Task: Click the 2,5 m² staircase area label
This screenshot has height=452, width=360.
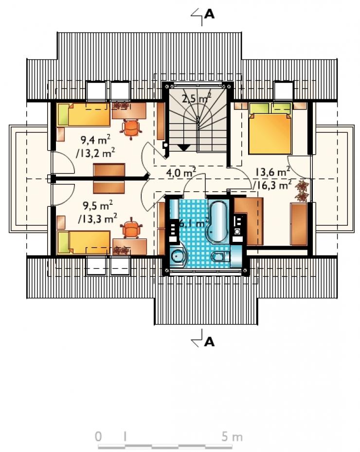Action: (197, 98)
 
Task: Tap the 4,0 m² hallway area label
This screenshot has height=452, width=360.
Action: (181, 172)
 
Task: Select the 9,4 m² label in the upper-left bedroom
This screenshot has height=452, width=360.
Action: (95, 140)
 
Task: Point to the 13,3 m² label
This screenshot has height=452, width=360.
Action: (97, 219)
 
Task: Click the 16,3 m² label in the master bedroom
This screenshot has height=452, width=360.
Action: (272, 185)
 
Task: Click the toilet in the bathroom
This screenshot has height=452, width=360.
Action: (220, 256)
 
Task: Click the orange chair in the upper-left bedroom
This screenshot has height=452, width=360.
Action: (131, 128)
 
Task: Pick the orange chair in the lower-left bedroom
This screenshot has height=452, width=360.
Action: (132, 228)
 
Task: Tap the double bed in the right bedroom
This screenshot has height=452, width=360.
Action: (270, 128)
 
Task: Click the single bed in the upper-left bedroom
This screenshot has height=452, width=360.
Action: (84, 115)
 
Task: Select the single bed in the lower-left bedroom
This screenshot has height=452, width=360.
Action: (84, 242)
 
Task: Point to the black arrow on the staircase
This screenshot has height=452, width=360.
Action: (183, 148)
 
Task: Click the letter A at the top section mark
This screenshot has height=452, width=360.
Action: (209, 14)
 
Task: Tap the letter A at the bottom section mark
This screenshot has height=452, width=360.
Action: (209, 342)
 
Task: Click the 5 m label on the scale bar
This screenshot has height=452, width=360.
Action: (232, 437)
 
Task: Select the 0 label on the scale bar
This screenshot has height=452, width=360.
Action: (98, 437)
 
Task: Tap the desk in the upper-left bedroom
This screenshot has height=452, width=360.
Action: (129, 111)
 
